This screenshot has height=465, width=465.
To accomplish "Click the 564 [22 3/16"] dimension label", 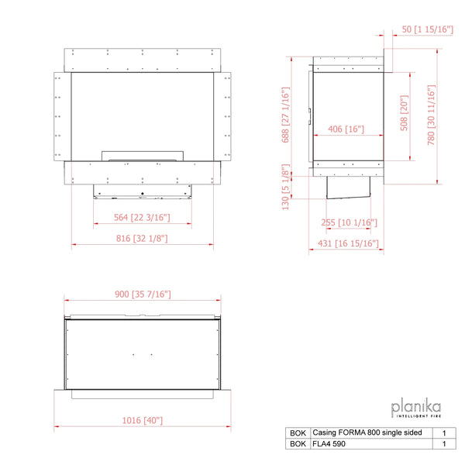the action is click(142, 218).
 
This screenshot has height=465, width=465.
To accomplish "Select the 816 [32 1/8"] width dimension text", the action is click(142, 239).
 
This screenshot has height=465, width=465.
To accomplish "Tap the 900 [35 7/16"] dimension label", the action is click(143, 294).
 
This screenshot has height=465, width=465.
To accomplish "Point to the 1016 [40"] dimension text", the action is click(143, 420).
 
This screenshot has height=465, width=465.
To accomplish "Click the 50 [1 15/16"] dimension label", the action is click(427, 29).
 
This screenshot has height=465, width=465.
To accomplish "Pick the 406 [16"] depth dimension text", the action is click(346, 129).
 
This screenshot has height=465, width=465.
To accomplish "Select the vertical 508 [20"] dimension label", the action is click(405, 113).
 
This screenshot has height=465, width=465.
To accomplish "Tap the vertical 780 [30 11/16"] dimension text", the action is click(431, 115).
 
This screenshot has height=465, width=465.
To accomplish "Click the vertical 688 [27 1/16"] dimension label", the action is click(285, 115).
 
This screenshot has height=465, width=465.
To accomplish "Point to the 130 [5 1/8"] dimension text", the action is click(285, 187).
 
